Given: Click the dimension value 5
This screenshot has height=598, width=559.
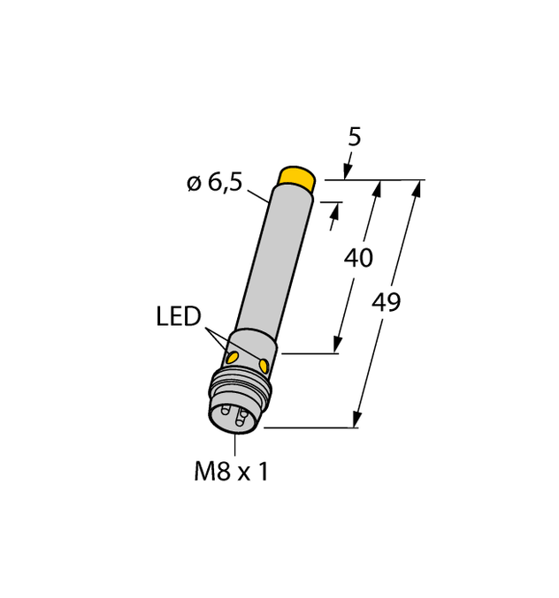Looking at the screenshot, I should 355,138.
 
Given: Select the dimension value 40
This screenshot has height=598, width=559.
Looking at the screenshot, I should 357,259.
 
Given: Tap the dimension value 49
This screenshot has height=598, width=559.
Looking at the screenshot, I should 387,303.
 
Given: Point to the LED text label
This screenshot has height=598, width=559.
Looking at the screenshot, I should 179,316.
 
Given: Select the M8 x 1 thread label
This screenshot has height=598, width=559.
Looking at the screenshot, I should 231,473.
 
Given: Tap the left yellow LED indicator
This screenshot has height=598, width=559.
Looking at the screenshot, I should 232,358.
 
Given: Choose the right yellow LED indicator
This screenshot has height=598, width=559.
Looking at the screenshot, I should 264,364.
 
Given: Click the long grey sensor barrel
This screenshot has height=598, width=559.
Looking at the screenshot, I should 264,265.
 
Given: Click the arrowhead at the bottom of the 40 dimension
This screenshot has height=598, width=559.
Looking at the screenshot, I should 337,345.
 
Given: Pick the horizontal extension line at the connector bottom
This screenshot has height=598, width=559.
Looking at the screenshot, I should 310,428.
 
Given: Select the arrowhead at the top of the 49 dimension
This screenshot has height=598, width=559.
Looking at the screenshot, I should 417,187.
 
